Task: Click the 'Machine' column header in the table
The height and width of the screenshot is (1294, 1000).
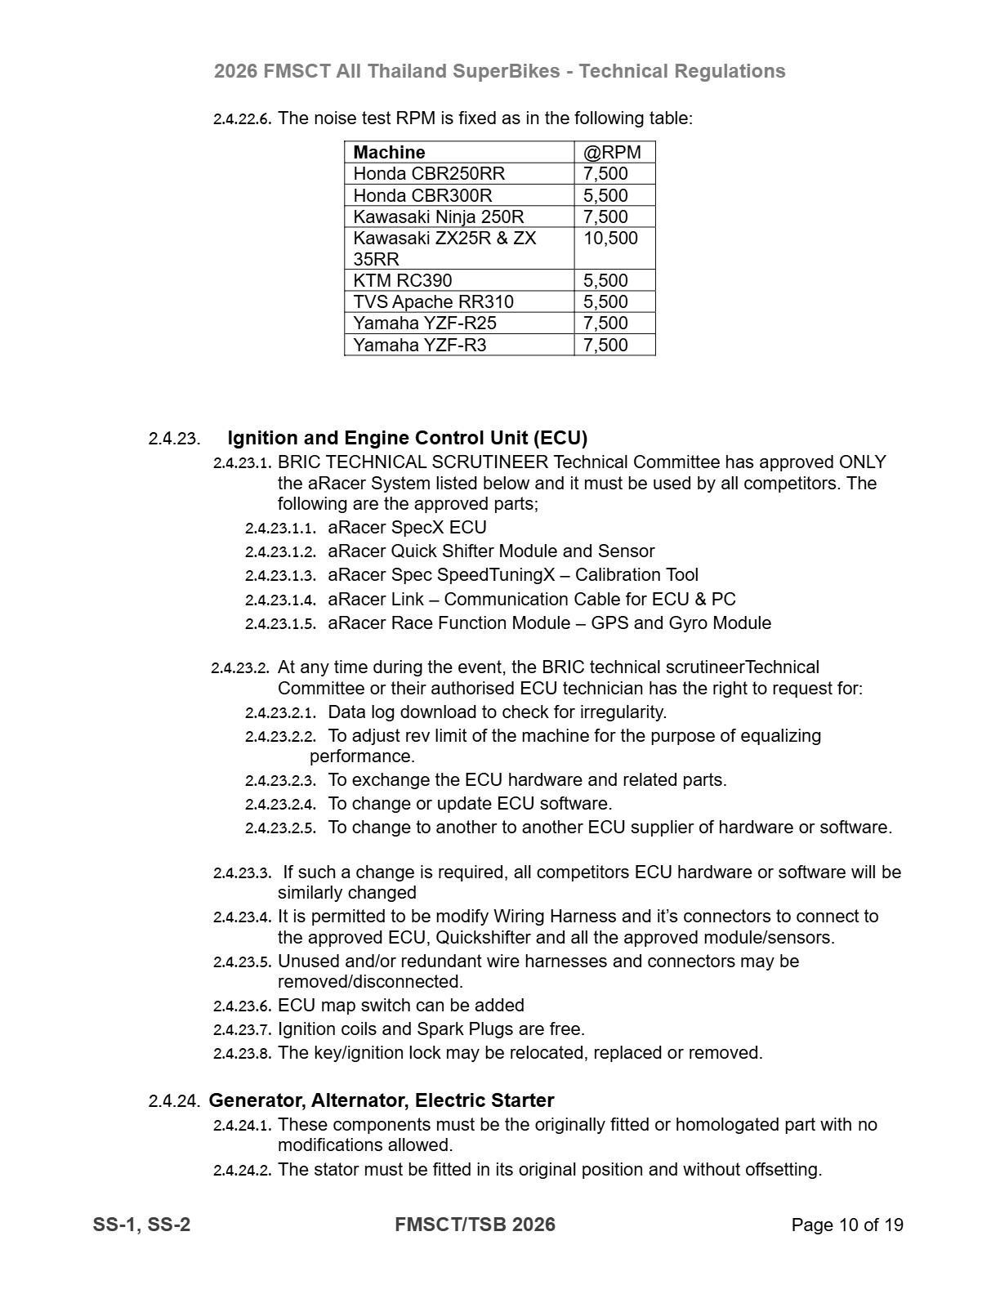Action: click(389, 153)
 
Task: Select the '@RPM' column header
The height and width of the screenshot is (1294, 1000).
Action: click(612, 153)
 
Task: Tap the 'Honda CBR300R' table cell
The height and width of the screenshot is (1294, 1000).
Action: click(422, 195)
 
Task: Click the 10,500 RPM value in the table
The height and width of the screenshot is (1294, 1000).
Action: click(610, 239)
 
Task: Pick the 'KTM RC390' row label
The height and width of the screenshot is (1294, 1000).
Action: click(402, 280)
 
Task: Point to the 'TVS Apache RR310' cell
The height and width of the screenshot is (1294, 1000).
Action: click(433, 301)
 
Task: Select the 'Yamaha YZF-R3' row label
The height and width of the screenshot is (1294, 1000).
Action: click(419, 345)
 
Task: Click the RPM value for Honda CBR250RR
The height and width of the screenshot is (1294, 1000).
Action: click(605, 174)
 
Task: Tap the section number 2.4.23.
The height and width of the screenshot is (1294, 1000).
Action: click(174, 439)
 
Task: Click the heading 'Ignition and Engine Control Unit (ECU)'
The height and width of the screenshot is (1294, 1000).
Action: click(407, 438)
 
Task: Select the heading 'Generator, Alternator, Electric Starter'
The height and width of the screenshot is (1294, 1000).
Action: click(382, 1100)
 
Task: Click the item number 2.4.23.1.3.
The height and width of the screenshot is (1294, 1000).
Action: click(280, 576)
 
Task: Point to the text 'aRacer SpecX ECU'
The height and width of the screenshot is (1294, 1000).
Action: click(407, 528)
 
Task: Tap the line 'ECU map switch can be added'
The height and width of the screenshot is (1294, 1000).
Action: click(400, 1006)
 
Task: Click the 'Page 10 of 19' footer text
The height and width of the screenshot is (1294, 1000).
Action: click(846, 1225)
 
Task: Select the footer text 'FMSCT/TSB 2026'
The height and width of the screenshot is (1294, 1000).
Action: click(475, 1225)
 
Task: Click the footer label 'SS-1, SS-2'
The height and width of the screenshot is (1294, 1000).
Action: click(141, 1225)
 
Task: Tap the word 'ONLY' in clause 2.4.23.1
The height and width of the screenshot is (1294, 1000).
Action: click(862, 462)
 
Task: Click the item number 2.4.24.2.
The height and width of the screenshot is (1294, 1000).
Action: click(242, 1171)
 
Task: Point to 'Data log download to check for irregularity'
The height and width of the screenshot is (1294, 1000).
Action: click(497, 712)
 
